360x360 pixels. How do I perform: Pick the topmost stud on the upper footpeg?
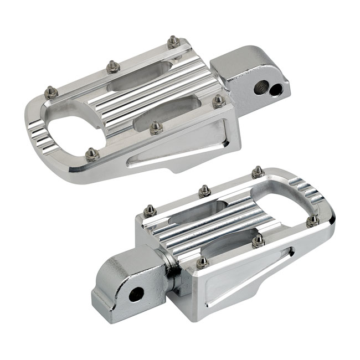[x=173, y=40]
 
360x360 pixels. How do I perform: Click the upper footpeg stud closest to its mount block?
[x=219, y=101]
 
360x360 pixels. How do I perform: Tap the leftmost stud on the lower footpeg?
[x=148, y=210]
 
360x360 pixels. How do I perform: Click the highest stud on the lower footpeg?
[x=257, y=171]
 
